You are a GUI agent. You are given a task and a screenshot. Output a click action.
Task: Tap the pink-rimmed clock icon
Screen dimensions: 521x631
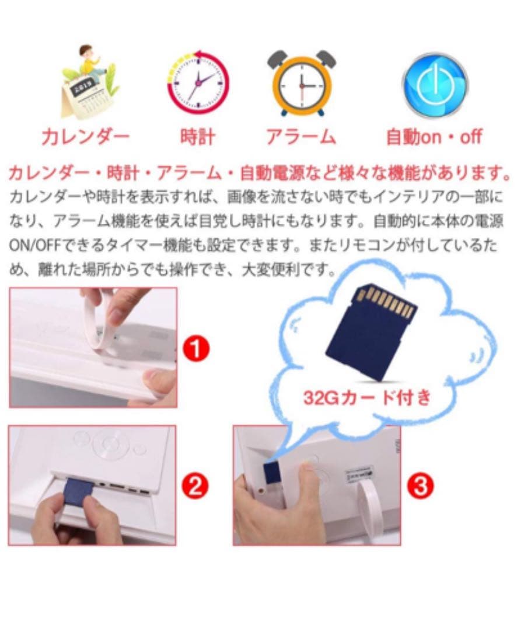[198, 82]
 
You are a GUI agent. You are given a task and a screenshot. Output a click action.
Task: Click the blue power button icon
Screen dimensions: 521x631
[435, 85]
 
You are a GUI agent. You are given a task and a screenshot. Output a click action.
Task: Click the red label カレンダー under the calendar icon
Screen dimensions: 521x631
[86, 137]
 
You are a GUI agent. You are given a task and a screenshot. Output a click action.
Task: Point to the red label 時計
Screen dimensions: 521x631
[198, 137]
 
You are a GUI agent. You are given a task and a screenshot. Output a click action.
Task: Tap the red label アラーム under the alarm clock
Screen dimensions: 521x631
[301, 137]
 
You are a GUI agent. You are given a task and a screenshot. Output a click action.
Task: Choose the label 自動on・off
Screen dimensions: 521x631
[434, 137]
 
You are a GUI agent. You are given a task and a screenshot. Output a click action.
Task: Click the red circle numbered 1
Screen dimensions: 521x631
[197, 348]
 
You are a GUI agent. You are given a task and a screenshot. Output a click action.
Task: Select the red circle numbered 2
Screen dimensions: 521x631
[195, 486]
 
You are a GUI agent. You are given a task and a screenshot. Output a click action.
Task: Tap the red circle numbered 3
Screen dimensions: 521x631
[420, 486]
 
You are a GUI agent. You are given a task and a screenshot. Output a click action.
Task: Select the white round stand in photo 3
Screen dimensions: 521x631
[368, 508]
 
